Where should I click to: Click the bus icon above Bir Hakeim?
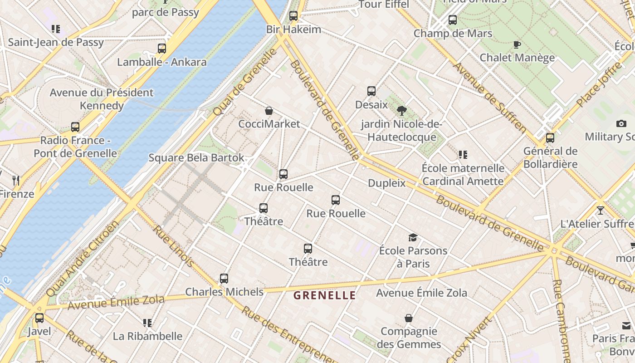tap(293, 16)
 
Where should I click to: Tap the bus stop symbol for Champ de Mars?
tap(452, 20)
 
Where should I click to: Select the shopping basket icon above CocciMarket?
tap(269, 111)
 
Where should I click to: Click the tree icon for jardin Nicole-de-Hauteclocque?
tap(401, 110)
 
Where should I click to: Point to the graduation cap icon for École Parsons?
tap(413, 237)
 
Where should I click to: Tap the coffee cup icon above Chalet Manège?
tap(517, 44)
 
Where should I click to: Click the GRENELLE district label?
tap(324, 295)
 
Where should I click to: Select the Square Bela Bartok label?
tap(196, 158)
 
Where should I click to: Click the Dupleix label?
tap(386, 183)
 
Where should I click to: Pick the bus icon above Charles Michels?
tap(224, 279)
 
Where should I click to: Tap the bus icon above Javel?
tap(39, 318)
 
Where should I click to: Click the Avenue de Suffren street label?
tap(489, 97)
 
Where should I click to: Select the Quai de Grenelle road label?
tap(245, 82)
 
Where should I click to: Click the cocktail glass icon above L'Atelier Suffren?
tap(601, 211)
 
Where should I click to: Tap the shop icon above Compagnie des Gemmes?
tap(409, 318)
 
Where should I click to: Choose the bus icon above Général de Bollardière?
tap(550, 137)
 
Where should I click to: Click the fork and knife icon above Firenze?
tap(16, 181)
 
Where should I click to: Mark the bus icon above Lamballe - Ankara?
tap(162, 49)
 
